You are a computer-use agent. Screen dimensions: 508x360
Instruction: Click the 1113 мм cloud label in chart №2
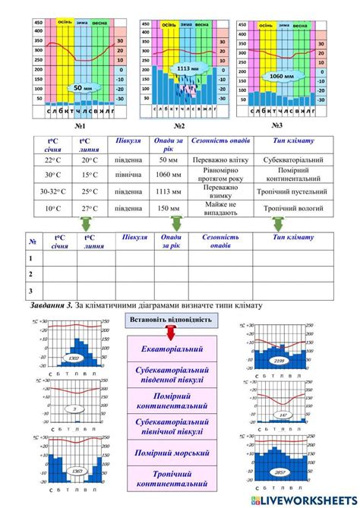[x=183, y=69]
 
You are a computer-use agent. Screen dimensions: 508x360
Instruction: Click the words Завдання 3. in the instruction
[x=46, y=304]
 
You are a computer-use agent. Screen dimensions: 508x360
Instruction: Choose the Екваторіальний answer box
[x=172, y=349]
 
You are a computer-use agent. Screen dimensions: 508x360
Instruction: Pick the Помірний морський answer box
[x=172, y=453]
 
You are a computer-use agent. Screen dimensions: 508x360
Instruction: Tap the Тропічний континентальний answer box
[x=172, y=479]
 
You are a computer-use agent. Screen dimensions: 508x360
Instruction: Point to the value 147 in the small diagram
[x=283, y=415]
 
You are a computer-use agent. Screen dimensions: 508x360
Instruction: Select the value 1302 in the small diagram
[x=74, y=358]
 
